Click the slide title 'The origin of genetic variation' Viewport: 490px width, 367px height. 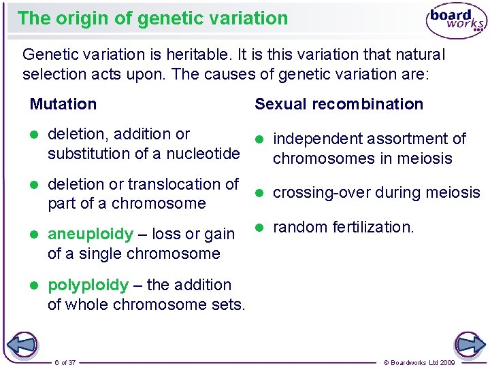[152, 18]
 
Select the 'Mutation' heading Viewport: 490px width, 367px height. [63, 104]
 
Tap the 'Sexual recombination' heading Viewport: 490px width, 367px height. [339, 104]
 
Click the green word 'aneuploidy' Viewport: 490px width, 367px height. [91, 234]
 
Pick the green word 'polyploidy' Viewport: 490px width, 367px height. [88, 285]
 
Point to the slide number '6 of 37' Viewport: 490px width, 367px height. [65, 362]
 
